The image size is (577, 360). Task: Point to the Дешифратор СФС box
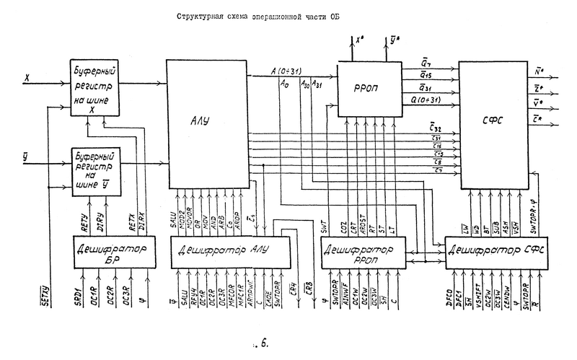493,251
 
